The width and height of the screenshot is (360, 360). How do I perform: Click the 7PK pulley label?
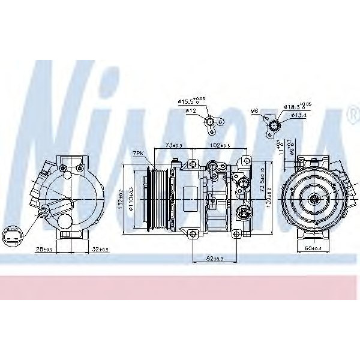click(x=139, y=154)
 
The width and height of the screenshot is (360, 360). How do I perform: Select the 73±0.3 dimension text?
click(x=174, y=146)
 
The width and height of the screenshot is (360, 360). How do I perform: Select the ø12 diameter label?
click(x=191, y=110)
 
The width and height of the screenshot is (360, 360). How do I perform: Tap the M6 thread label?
click(x=254, y=110)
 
